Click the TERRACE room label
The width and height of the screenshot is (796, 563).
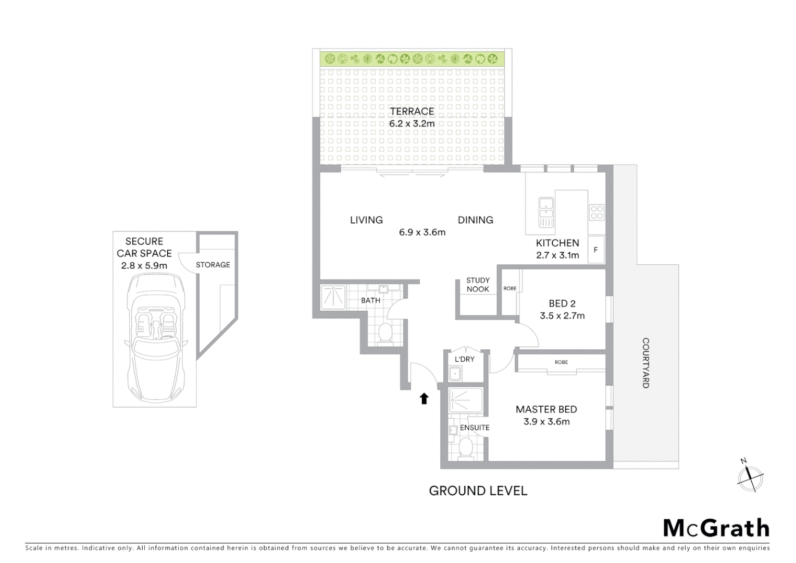412,111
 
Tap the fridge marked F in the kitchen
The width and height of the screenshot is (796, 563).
595,250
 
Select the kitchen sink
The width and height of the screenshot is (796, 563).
545,212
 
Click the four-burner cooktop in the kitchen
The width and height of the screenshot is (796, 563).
596,212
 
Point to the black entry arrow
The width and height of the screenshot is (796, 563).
424,399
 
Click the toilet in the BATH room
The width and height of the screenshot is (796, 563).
385,333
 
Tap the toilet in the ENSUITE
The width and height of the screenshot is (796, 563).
466,447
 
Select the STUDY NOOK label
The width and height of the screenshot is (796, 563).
478,285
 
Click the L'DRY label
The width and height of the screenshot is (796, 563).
464,359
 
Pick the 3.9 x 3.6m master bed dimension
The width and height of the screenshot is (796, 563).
546,422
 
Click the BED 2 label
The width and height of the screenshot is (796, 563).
562,303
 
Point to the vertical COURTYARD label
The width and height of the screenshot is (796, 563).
645,363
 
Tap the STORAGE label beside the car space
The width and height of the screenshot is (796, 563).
213,265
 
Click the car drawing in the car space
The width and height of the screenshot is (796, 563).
155,334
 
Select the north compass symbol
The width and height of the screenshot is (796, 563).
750,476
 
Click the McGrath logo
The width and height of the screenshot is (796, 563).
716,528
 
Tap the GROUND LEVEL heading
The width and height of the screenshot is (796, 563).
478,491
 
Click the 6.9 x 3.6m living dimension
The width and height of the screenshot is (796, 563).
422,232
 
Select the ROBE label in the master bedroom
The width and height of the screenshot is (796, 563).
561,362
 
